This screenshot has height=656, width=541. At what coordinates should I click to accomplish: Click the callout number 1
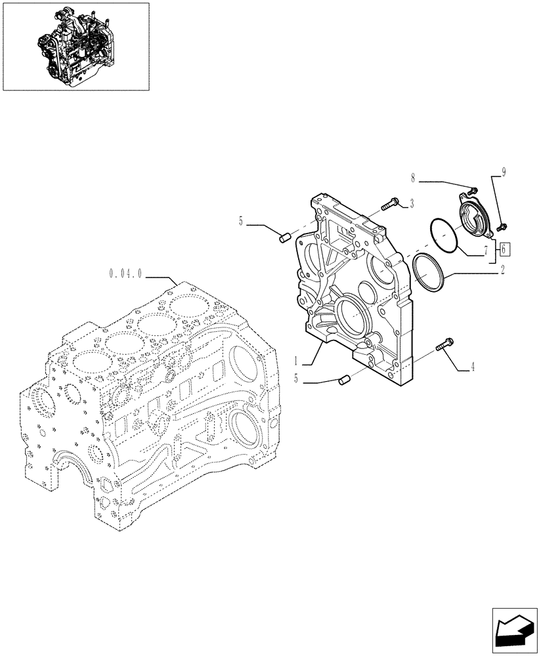[297, 361]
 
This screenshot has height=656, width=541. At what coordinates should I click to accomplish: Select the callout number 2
[502, 268]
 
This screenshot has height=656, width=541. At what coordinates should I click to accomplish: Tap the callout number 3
[412, 204]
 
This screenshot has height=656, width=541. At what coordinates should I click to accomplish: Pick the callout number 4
[471, 368]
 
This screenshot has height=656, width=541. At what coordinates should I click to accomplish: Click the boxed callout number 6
[503, 249]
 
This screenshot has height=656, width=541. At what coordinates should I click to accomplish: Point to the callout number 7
[485, 249]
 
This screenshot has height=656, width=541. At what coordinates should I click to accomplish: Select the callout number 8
[414, 177]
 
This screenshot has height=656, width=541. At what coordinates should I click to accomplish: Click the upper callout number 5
[241, 222]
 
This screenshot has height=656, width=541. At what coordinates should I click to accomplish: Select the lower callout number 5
[298, 379]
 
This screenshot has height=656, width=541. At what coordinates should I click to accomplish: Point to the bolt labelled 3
[391, 205]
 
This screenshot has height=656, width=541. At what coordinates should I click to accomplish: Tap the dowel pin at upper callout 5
[286, 237]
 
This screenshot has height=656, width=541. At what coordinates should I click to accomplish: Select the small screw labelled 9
[501, 227]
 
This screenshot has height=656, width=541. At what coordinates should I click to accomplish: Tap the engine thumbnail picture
[76, 46]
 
